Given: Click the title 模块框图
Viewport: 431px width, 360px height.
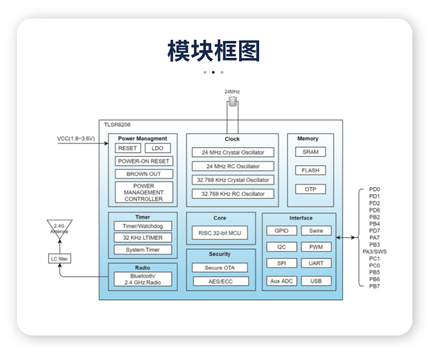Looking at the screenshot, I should point(214,51).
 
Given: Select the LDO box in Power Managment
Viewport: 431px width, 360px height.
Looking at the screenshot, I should point(158,148).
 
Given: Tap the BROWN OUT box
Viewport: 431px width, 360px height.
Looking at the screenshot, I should point(144,174).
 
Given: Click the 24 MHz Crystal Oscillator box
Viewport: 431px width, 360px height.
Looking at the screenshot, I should point(233,153).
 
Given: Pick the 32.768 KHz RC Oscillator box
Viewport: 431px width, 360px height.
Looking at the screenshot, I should point(233,194).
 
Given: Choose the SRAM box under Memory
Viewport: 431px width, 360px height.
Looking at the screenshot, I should point(310,152).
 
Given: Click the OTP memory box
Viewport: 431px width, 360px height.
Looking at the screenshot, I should point(310,189).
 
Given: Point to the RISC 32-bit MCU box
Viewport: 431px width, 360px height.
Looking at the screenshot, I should point(219,233).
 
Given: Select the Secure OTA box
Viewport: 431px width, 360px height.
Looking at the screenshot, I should point(220,268).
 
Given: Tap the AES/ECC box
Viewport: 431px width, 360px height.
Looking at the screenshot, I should point(220,281).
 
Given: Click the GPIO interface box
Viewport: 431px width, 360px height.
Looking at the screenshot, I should point(282,231).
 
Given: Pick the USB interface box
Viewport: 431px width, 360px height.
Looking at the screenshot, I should point(316,281).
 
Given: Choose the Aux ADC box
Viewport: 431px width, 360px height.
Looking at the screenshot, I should point(282,281).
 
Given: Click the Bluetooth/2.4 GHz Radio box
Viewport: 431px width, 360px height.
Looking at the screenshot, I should point(143,279).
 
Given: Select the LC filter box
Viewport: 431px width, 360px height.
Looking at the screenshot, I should point(59,259).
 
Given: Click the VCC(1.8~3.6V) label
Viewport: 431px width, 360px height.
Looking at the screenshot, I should point(76,139).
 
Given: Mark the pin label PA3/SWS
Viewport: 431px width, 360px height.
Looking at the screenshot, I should point(374,252).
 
